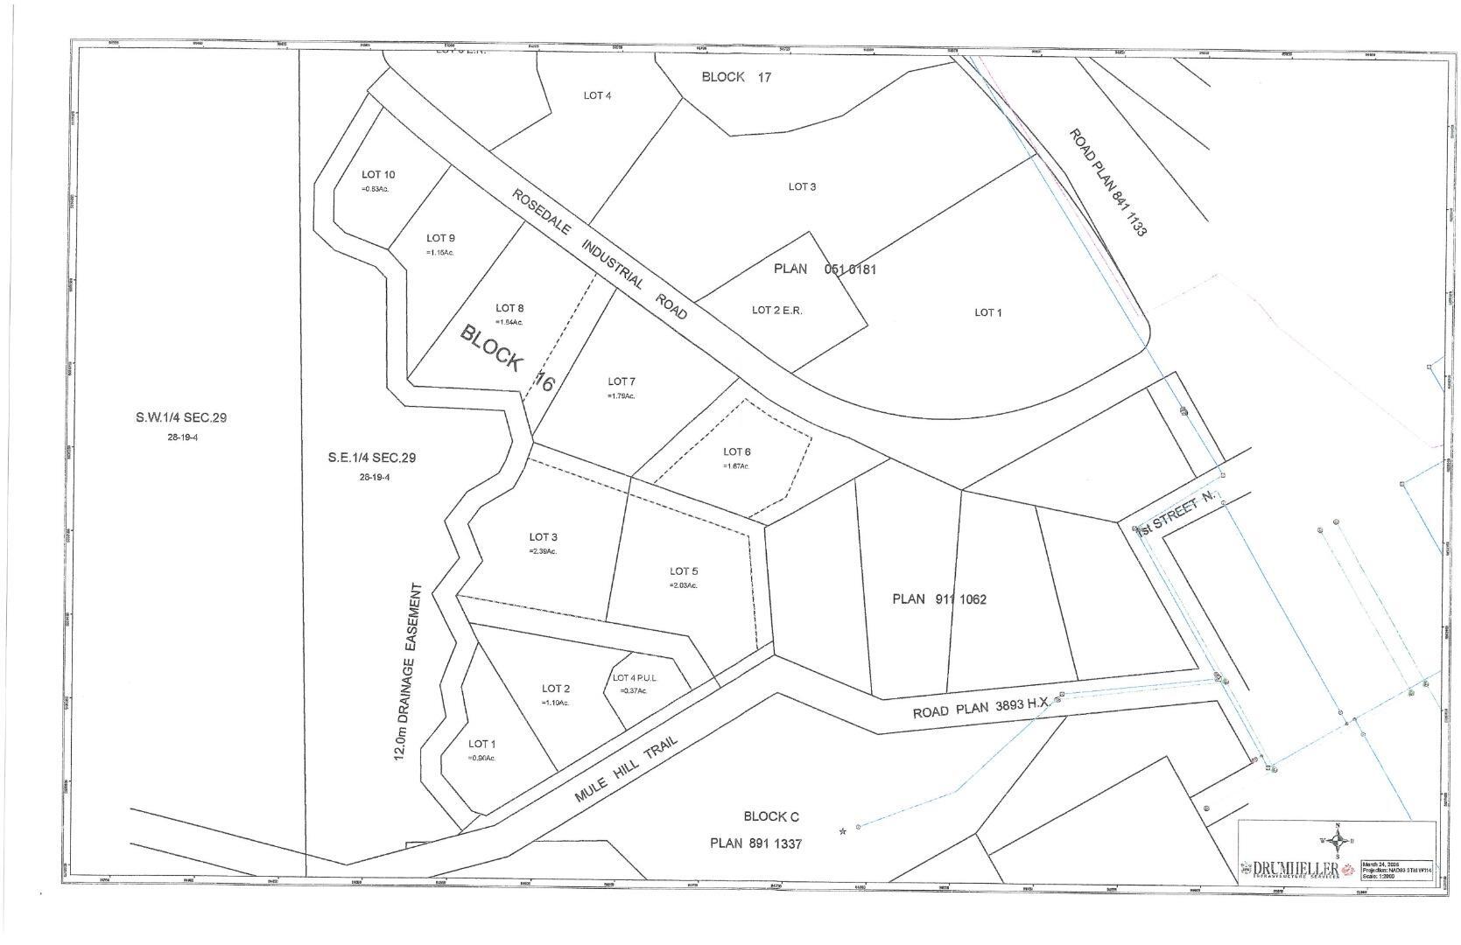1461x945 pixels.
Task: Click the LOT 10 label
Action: (x=378, y=175)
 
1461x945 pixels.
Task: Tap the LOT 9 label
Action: (x=440, y=238)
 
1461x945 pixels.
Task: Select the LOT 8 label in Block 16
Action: (x=509, y=308)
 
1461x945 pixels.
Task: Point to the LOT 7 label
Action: (x=622, y=381)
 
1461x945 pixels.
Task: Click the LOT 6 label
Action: (x=736, y=452)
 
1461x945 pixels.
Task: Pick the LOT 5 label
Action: (x=684, y=571)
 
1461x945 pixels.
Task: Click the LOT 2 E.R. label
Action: (x=776, y=311)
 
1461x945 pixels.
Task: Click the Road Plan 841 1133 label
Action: (x=1107, y=182)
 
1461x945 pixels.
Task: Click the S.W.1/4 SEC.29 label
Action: (x=181, y=418)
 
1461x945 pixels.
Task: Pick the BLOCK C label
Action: (x=771, y=816)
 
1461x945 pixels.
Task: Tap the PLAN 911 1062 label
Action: (x=939, y=599)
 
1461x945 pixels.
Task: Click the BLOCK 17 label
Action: (x=736, y=77)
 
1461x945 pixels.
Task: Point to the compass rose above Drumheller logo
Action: (x=1337, y=840)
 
